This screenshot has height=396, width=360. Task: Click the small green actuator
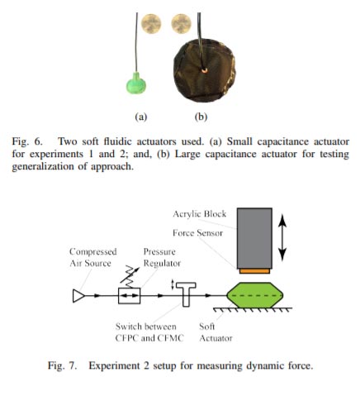click(x=136, y=83)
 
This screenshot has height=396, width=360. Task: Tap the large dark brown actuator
click(x=204, y=70)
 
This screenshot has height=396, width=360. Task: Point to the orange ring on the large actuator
click(x=204, y=70)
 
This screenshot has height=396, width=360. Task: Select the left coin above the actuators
click(x=151, y=24)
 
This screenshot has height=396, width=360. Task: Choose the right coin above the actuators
click(x=181, y=24)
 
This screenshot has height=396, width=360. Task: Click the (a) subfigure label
click(x=141, y=117)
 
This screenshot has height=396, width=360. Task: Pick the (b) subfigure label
click(x=201, y=117)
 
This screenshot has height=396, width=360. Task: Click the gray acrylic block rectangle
click(x=254, y=238)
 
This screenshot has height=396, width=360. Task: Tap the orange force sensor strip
click(x=254, y=271)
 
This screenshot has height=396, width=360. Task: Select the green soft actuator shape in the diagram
click(x=255, y=295)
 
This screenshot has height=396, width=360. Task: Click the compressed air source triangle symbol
click(x=78, y=296)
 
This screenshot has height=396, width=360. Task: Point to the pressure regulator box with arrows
click(x=129, y=296)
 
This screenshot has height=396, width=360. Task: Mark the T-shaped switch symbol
click(x=186, y=293)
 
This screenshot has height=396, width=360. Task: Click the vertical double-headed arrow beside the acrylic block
click(x=282, y=238)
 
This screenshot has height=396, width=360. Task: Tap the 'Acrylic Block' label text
click(x=200, y=214)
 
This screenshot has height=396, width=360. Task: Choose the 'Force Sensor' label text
click(x=197, y=233)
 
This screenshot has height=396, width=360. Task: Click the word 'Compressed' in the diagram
click(x=93, y=252)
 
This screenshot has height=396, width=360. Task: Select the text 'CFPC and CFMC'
click(x=149, y=338)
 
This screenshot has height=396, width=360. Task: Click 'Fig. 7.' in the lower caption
click(x=63, y=365)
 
